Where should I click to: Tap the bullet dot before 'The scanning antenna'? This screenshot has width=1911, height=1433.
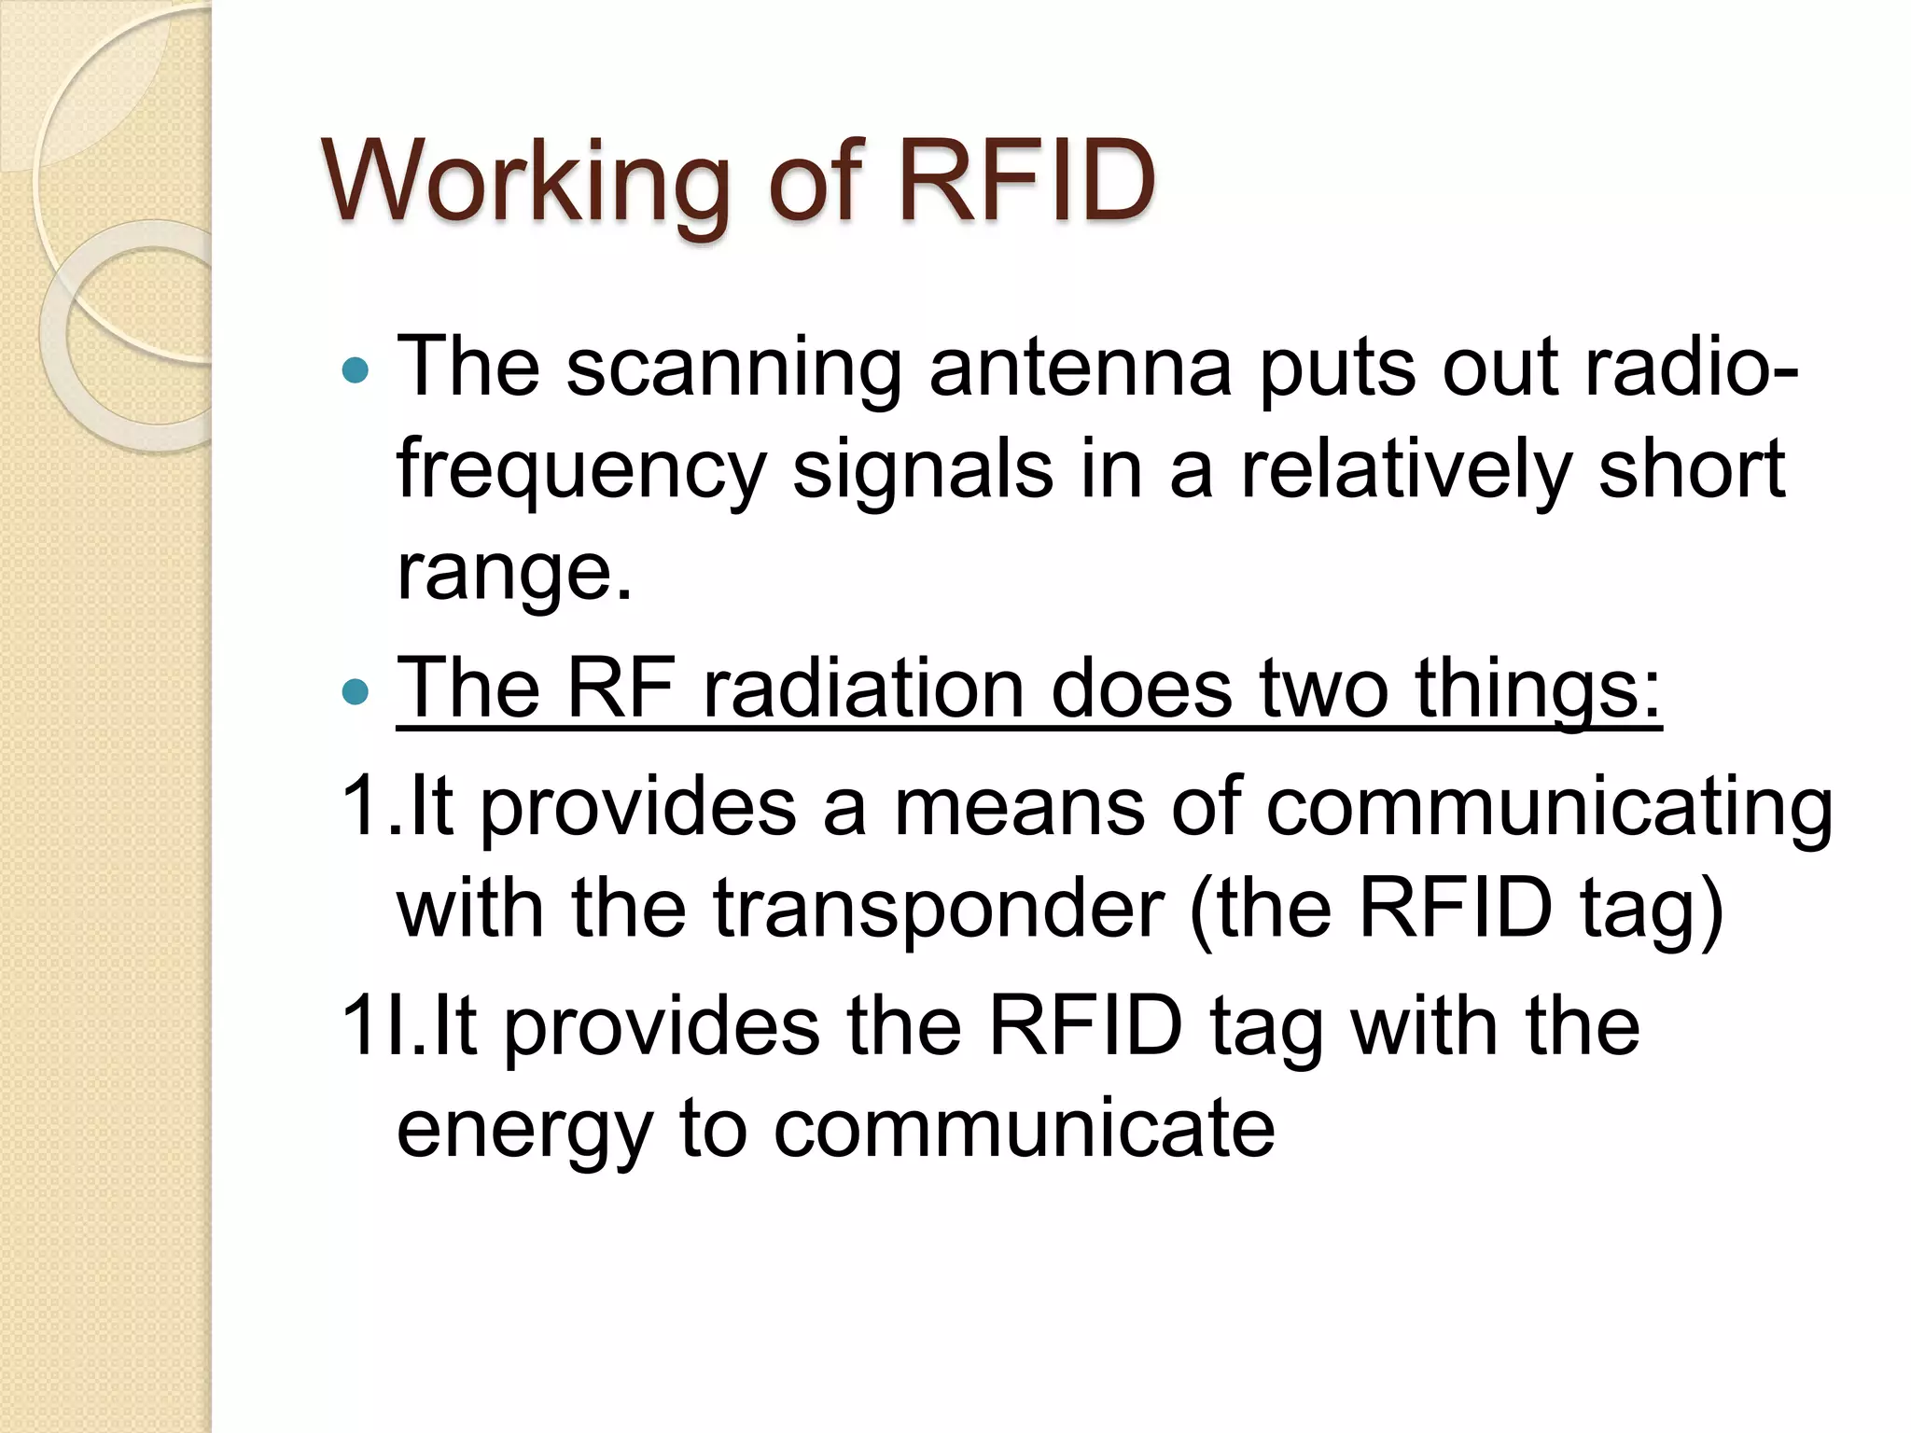pyautogui.click(x=356, y=372)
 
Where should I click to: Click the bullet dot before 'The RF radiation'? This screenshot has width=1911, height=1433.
pyautogui.click(x=356, y=691)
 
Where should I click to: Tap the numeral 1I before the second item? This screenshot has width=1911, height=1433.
pyautogui.click(x=372, y=1026)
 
